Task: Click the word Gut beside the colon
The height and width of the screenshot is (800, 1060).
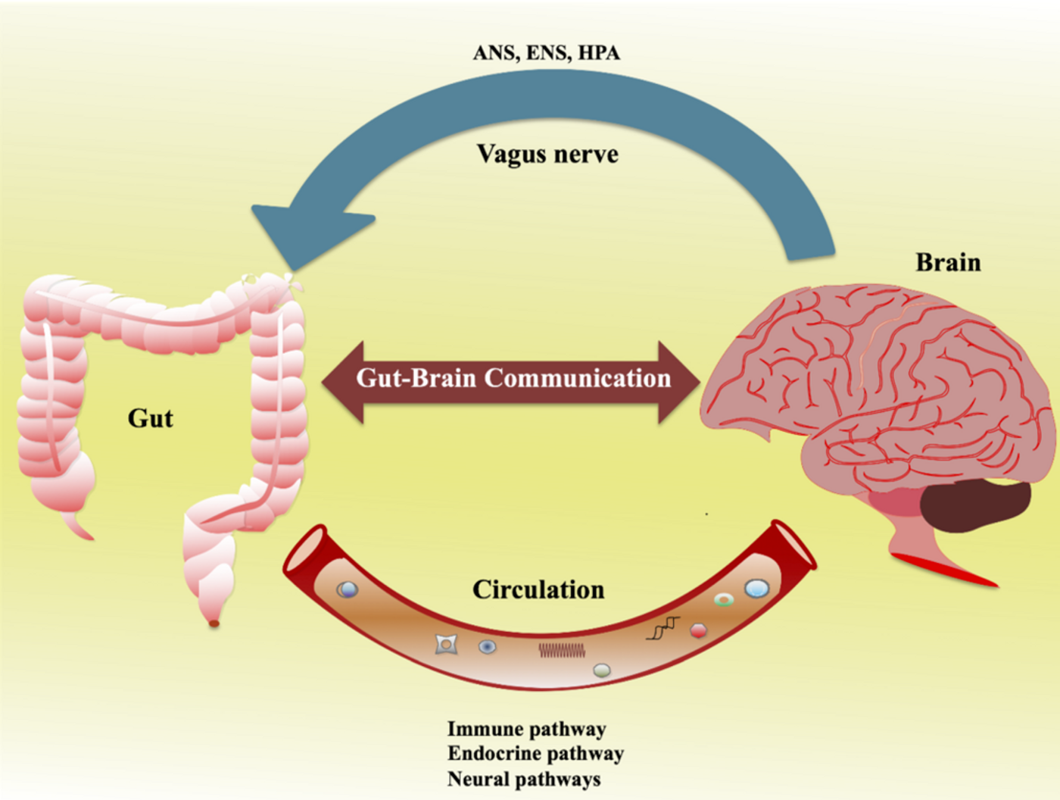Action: [x=150, y=419]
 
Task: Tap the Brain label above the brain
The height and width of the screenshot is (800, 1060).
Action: [x=949, y=263]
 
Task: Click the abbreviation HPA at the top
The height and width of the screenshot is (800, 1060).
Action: [x=599, y=53]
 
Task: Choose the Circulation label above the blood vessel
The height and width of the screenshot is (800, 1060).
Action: [x=538, y=590]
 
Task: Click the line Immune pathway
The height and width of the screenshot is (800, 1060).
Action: [x=526, y=729]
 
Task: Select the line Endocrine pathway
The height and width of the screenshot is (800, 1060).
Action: [x=535, y=754]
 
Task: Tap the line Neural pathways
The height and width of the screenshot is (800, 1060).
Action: [x=524, y=779]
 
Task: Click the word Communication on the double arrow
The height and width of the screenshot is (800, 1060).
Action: [x=578, y=378]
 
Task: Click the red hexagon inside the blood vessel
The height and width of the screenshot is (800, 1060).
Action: [x=698, y=630]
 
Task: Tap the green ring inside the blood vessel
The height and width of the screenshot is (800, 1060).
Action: [x=723, y=600]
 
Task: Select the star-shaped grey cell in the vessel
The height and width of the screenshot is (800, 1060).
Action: [x=446, y=645]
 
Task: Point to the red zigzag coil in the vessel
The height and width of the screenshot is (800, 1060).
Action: [x=562, y=650]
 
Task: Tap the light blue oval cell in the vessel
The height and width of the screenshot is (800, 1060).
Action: [x=756, y=589]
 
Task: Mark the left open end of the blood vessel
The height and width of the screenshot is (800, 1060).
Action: [x=305, y=549]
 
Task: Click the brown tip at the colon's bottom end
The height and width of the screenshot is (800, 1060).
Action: [x=214, y=623]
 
